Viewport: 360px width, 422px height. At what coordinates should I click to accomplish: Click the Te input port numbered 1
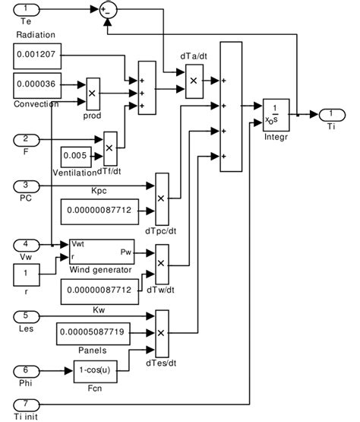tap(26, 10)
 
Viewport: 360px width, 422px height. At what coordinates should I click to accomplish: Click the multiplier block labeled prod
tap(93, 90)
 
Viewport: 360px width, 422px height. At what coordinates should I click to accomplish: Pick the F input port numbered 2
tap(25, 139)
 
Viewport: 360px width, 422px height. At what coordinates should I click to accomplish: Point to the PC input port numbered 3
tap(25, 186)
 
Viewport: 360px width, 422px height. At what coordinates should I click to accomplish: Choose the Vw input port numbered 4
tap(25, 245)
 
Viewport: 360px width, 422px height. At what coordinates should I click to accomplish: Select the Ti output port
tap(331, 115)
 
